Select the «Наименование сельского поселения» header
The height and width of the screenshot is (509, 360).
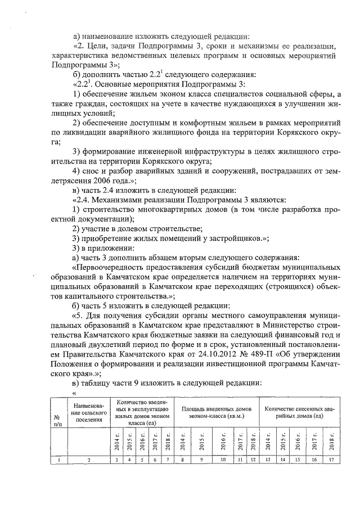(88, 414)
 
